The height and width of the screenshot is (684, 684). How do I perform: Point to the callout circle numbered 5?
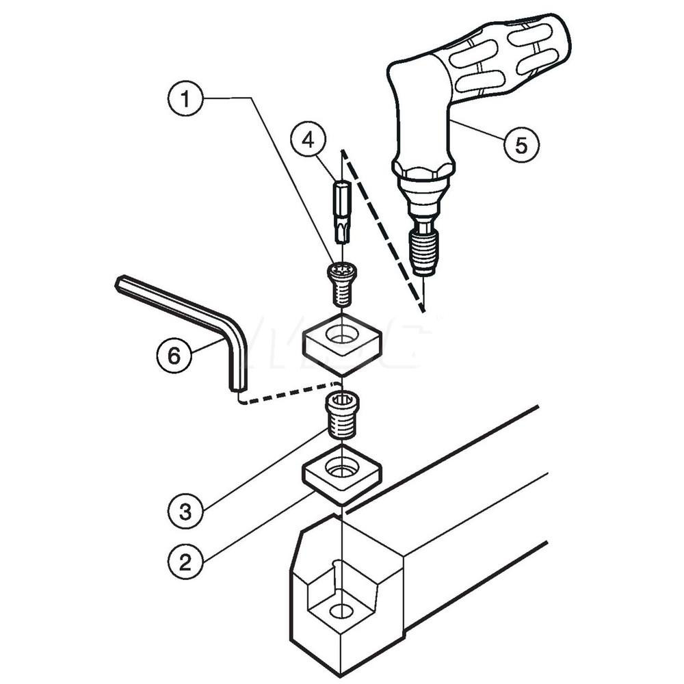point(521,145)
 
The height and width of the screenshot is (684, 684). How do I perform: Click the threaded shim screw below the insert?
point(342,416)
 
